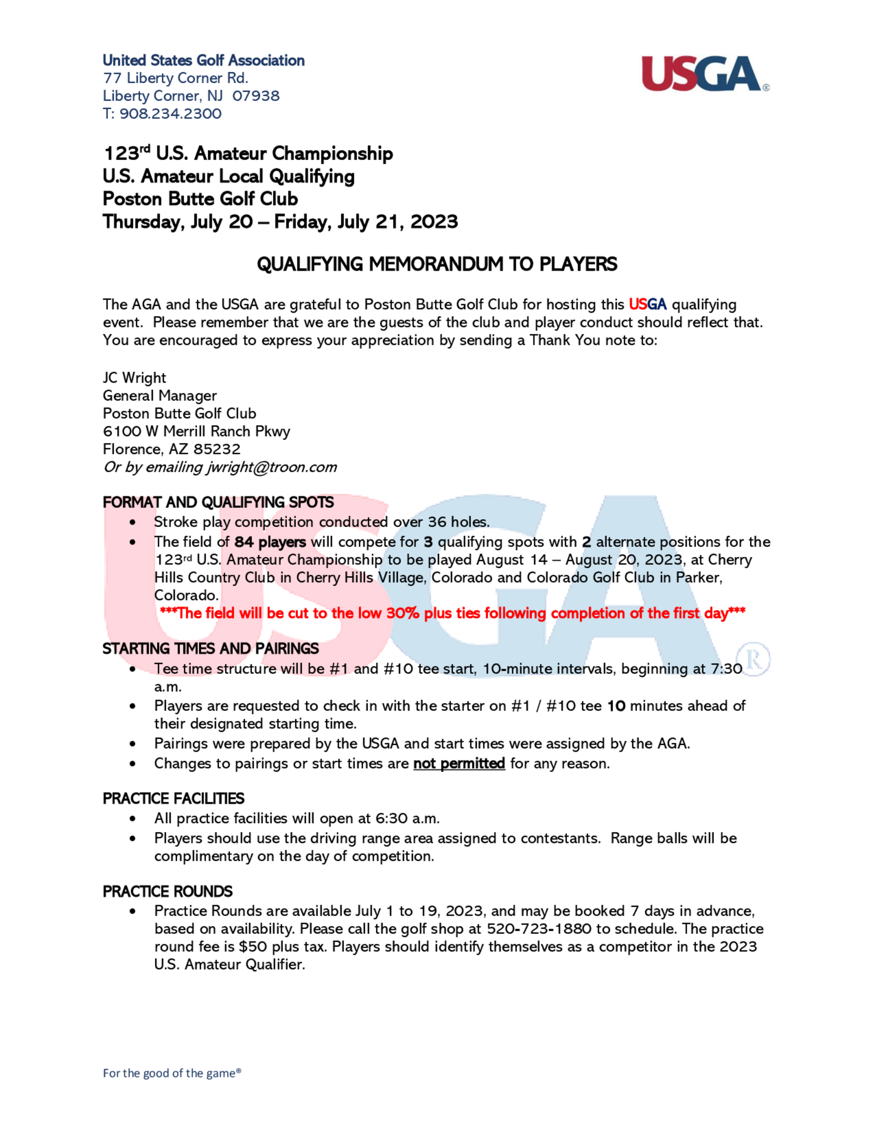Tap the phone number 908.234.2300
171,114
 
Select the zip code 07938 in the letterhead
256,96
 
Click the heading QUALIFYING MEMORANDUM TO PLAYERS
437,264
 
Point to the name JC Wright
134,378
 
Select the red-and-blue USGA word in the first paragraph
647,304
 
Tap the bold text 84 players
270,542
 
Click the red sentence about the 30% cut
452,613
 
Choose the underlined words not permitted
459,763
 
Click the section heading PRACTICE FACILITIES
173,799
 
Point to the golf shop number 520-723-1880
539,929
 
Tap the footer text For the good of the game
171,1073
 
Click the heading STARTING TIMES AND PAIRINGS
210,649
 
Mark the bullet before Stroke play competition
133,522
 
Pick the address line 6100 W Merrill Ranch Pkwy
196,431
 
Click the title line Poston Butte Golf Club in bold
200,199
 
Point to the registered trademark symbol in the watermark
753,660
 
